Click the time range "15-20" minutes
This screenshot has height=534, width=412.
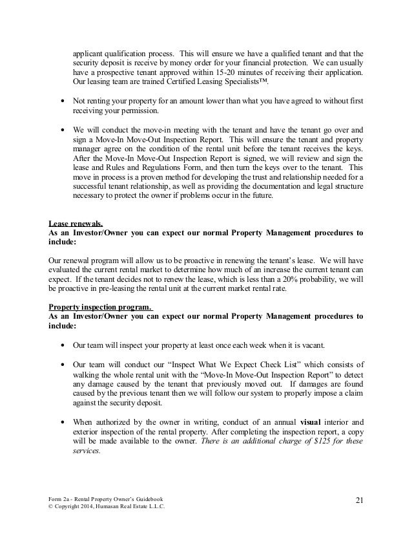(203, 74)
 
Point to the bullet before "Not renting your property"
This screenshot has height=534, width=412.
(61, 101)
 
